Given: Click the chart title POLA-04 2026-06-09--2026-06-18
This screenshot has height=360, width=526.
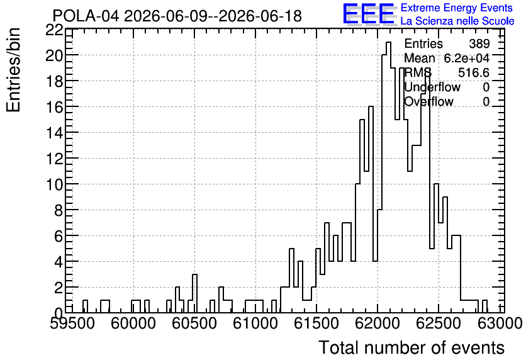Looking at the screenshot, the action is point(177,16).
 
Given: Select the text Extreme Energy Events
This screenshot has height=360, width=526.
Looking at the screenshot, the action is point(457,8).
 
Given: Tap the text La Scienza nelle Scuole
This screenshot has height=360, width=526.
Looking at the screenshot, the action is point(457,21).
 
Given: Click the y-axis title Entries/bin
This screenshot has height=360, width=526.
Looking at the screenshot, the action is point(14,70).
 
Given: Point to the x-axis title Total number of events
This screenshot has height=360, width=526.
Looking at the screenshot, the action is point(411,347).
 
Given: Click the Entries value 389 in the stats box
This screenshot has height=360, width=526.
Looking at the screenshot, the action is point(479,43).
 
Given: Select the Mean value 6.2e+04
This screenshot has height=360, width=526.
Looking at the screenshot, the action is point(467,58).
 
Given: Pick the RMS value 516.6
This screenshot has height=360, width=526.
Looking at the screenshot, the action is point(474,72).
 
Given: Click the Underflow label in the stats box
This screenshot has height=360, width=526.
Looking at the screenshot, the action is point(432,87).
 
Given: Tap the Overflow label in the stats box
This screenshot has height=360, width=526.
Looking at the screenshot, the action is point(428,101).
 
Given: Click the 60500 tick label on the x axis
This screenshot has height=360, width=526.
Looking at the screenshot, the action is point(194,323).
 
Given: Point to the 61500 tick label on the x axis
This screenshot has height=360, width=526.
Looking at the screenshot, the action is point(316,323).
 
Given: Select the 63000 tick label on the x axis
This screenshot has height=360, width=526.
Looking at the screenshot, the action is point(500,323).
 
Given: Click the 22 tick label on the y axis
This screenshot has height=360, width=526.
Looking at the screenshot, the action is point(54,30).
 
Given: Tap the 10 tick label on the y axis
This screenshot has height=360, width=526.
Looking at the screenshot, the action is point(54,184).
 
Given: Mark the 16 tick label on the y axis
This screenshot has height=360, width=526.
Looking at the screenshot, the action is point(54,107).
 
